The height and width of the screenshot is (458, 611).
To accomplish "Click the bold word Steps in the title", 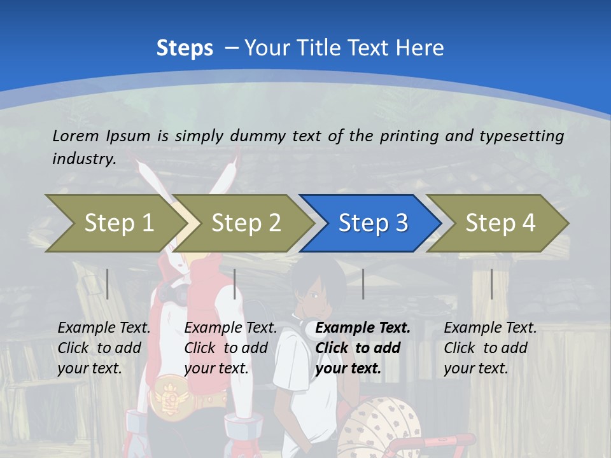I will (x=185, y=48).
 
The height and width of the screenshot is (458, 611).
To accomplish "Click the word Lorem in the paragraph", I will (x=76, y=135).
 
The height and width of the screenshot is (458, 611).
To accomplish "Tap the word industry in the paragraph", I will (x=83, y=159).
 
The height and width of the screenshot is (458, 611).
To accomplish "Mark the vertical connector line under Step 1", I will (x=108, y=284).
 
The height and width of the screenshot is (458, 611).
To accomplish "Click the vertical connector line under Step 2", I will (x=235, y=284).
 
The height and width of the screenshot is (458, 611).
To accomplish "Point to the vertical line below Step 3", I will (x=363, y=284).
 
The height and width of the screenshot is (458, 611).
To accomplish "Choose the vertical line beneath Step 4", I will (x=491, y=284).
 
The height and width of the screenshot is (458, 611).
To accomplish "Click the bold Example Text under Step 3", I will (x=363, y=328).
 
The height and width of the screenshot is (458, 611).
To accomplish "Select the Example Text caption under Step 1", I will (x=104, y=328).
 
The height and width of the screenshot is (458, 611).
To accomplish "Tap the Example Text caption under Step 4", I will (x=490, y=328).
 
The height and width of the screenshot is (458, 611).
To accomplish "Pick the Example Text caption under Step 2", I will (x=230, y=328).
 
